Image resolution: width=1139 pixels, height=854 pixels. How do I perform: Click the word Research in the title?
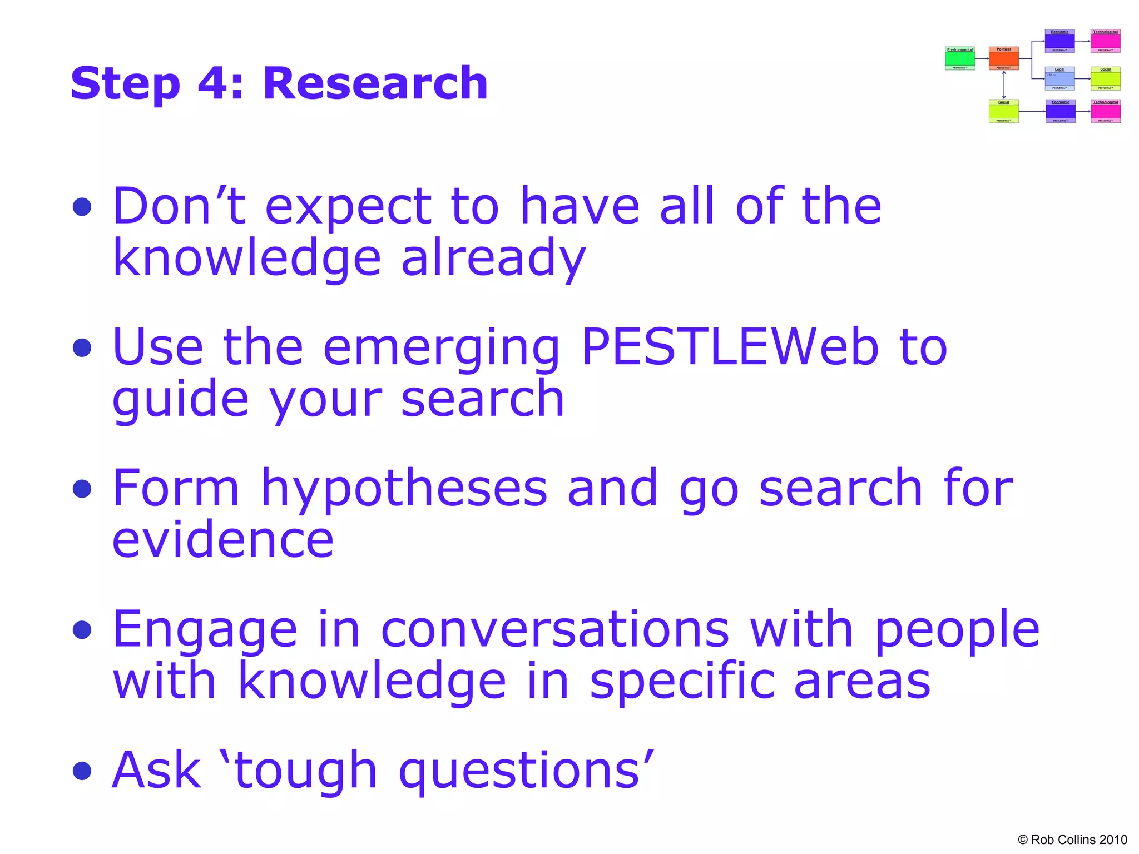[375, 83]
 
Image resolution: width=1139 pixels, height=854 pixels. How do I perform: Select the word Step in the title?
[126, 85]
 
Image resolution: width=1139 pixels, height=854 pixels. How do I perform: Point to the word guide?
[180, 400]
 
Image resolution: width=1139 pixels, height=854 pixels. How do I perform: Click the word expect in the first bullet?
[348, 207]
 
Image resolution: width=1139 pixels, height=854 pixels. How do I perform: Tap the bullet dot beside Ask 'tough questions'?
[82, 771]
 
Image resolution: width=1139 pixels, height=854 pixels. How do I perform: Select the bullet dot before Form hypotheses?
[82, 489]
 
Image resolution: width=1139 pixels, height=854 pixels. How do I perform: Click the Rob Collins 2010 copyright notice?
[1072, 840]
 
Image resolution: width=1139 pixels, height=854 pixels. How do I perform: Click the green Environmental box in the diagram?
[960, 58]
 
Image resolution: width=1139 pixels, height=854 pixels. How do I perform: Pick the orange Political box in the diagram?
[1003, 58]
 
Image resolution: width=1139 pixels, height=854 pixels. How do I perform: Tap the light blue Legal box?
[1059, 78]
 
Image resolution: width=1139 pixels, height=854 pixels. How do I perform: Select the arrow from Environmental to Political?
[982, 58]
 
